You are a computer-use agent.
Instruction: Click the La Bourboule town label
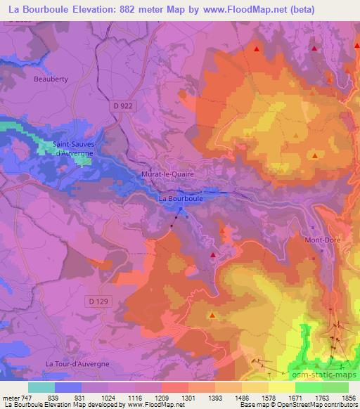(181, 199)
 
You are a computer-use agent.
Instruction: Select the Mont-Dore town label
(321, 240)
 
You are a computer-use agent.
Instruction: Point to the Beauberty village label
(51, 79)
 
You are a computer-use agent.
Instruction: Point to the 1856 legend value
(348, 397)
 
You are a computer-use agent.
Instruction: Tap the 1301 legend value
(188, 397)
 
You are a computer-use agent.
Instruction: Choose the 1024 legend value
(108, 397)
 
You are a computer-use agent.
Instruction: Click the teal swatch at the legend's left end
(41, 387)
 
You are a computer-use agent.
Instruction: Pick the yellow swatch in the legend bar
(282, 387)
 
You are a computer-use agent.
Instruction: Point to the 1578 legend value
(268, 397)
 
